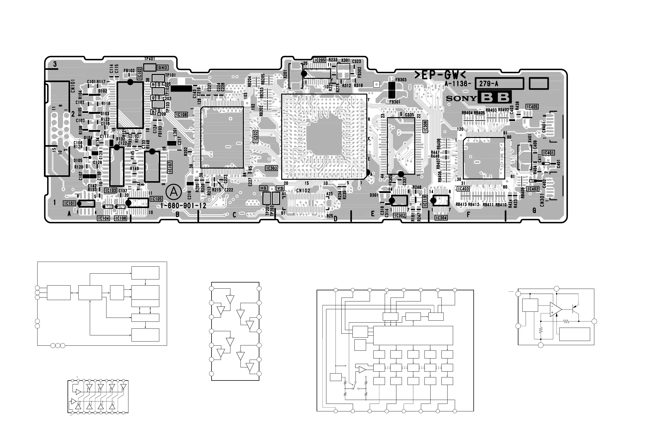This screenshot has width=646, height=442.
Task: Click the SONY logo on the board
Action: [461, 99]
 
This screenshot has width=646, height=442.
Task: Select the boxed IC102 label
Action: [140, 73]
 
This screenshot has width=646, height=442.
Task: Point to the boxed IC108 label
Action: [182, 115]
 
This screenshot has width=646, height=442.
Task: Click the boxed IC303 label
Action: [271, 168]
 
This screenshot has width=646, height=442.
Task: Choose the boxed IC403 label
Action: [463, 189]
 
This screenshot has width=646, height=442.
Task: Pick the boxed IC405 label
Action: [532, 107]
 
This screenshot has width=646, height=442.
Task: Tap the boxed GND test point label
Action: [163, 67]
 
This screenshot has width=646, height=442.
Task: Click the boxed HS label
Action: [263, 188]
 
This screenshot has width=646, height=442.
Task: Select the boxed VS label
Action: [280, 188]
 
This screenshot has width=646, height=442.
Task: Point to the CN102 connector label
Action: [303, 191]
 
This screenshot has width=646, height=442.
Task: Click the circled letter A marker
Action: [174, 192]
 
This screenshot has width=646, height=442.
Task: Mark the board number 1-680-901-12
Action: [183, 206]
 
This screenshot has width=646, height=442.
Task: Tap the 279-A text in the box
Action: [488, 84]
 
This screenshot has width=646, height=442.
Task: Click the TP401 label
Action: [150, 59]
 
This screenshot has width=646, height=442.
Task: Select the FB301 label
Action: [395, 102]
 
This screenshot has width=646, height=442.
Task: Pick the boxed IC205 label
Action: [320, 60]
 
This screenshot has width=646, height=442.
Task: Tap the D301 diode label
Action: [374, 195]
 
